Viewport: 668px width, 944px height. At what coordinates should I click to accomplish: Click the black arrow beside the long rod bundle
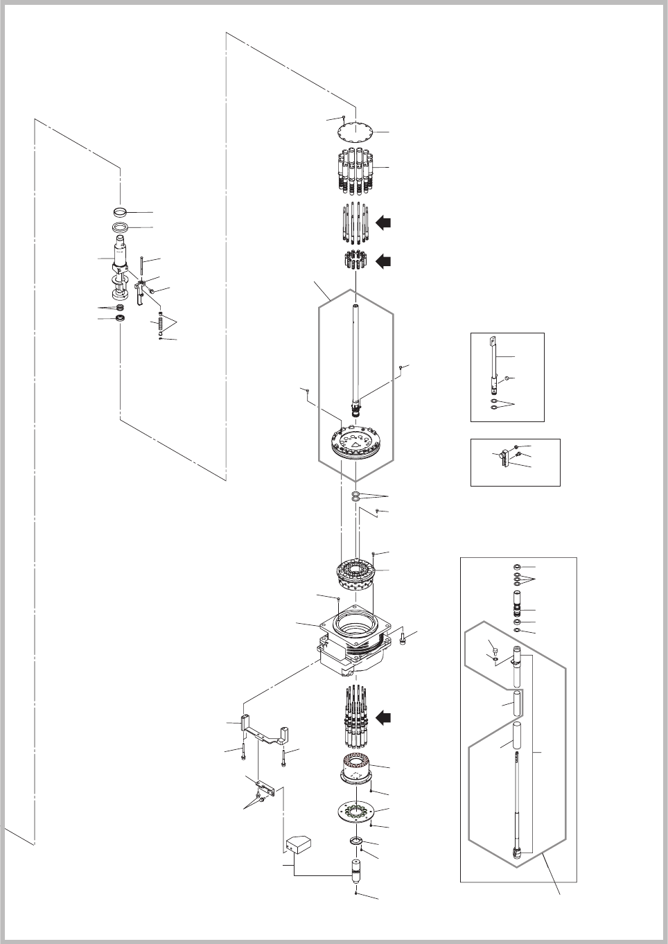[x=383, y=222]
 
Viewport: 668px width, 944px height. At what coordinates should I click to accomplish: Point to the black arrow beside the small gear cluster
[x=383, y=261]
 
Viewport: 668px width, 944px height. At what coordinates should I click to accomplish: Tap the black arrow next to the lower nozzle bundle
[x=383, y=718]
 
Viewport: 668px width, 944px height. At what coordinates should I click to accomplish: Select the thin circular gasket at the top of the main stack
[x=355, y=132]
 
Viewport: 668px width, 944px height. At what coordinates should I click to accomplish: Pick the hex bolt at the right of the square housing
[x=403, y=638]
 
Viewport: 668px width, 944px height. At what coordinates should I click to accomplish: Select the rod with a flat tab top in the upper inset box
[x=496, y=360]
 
